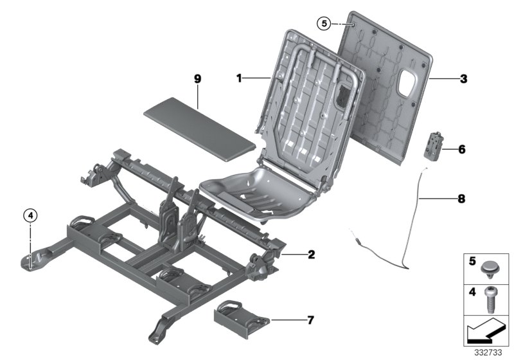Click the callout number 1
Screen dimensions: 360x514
(x=238, y=78)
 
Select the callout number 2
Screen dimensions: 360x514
(x=311, y=255)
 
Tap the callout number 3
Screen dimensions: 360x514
(x=463, y=80)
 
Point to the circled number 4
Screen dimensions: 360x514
(x=30, y=215)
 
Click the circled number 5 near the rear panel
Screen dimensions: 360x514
(x=324, y=24)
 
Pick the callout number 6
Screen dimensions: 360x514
(x=462, y=149)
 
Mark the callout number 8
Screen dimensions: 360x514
(x=462, y=199)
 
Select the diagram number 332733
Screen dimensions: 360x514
(x=488, y=353)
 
